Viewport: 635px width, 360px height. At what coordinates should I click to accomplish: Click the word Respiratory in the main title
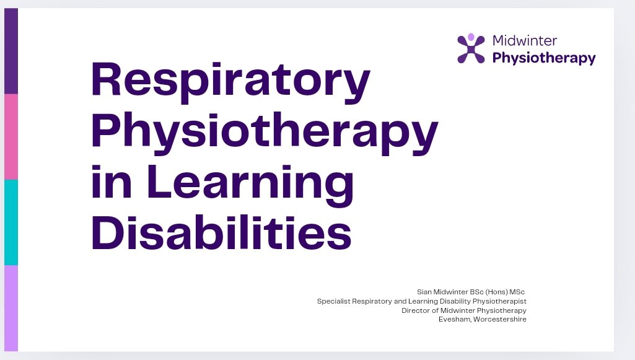click(x=230, y=81)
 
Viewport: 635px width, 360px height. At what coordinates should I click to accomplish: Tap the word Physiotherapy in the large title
click(x=265, y=133)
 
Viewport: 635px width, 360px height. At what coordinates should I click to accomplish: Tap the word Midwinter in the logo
click(x=524, y=42)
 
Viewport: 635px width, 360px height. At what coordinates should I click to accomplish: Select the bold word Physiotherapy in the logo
click(x=543, y=59)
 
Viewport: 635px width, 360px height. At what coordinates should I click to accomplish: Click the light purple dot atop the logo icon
click(x=471, y=37)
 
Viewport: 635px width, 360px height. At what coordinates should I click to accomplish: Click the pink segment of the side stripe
click(x=11, y=136)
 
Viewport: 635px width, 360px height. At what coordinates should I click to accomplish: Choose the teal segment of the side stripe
click(x=11, y=222)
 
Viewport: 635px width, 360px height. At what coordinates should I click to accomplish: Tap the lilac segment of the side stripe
click(x=11, y=307)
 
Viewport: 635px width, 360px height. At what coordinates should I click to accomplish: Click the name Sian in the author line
click(x=425, y=292)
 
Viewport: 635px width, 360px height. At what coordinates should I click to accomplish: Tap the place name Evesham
click(x=453, y=319)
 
